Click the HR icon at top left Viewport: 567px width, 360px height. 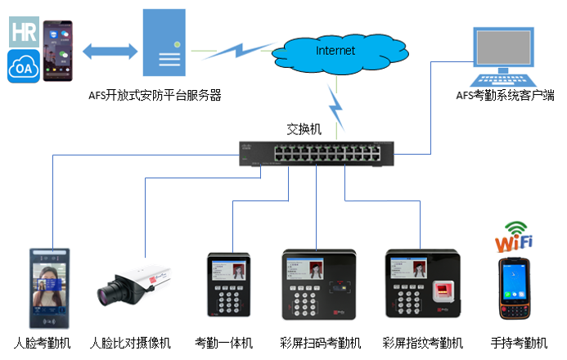click(x=24, y=32)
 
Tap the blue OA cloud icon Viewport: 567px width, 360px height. click(x=24, y=66)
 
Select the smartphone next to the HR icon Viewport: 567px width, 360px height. click(x=56, y=50)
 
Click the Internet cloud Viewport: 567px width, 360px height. click(x=336, y=51)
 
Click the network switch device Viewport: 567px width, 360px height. click(x=316, y=152)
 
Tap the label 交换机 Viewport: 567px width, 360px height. click(x=304, y=128)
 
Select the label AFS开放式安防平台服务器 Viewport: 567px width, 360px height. click(x=155, y=96)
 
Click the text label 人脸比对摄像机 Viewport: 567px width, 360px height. click(x=130, y=342)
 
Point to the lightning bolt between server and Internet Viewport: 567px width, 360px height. click(x=237, y=50)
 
